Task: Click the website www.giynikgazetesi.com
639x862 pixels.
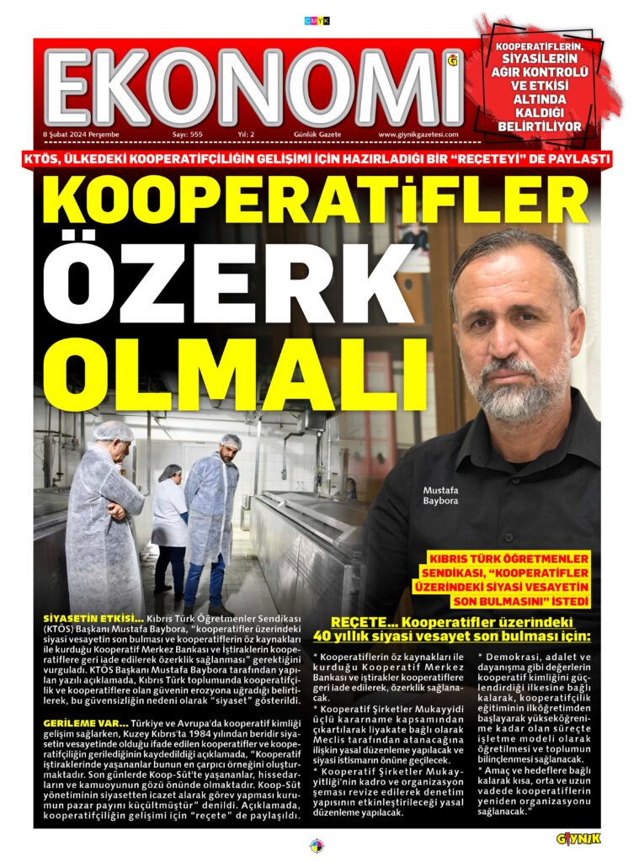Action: click(418, 135)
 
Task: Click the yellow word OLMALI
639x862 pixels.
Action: click(221, 365)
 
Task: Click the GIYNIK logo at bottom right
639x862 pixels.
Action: click(578, 838)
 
